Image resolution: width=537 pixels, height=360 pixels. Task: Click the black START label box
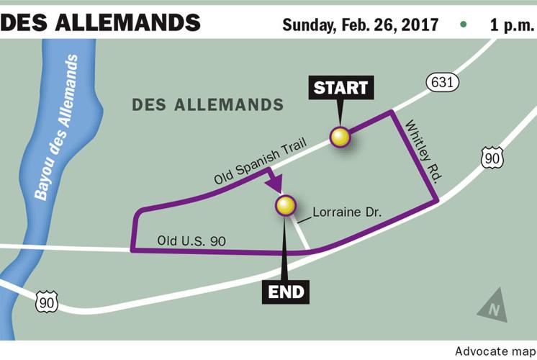pyautogui.click(x=340, y=89)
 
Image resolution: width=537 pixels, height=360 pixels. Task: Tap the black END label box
pyautogui.click(x=287, y=292)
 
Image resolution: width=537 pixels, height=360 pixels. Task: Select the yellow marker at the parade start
pyautogui.click(x=339, y=136)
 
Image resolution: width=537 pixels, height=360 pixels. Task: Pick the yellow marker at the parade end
pyautogui.click(x=286, y=206)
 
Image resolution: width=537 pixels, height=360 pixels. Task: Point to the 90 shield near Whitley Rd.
pyautogui.click(x=492, y=158)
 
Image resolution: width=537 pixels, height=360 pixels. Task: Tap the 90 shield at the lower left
pyautogui.click(x=47, y=302)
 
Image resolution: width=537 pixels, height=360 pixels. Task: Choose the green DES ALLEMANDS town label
pyautogui.click(x=207, y=105)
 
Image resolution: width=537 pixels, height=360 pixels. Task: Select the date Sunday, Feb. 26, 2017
pyautogui.click(x=360, y=24)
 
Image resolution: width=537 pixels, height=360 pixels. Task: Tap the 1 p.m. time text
pyautogui.click(x=510, y=24)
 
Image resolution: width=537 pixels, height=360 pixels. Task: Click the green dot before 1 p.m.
pyautogui.click(x=464, y=24)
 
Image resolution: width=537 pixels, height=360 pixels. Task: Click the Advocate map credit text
pyautogui.click(x=495, y=351)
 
